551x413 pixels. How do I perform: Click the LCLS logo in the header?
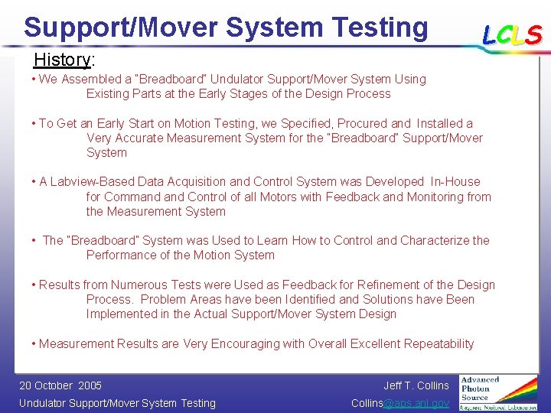point(511,34)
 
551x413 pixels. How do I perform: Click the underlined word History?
point(61,60)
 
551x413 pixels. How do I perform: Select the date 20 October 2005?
point(60,385)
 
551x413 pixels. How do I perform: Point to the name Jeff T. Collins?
point(416,385)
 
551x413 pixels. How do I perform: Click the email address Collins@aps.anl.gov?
point(400,403)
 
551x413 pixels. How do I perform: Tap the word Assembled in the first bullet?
point(89,79)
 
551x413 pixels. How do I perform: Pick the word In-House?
point(455,182)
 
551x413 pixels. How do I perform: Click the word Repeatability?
point(434,344)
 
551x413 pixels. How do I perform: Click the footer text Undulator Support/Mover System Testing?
point(117,403)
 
